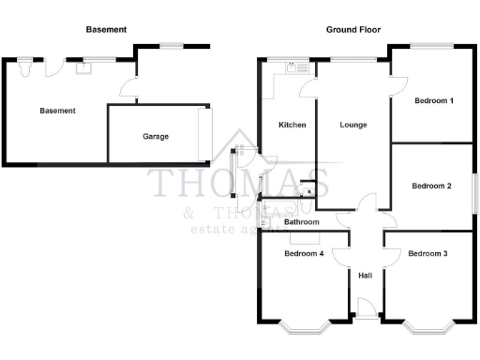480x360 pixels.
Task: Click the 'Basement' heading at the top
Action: click(x=106, y=30)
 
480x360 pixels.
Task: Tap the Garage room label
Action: click(x=156, y=137)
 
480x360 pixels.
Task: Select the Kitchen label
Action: click(x=292, y=125)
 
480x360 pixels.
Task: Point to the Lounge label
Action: click(x=352, y=125)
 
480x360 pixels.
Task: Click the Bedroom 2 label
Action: click(x=432, y=186)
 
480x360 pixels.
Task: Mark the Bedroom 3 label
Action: click(x=427, y=253)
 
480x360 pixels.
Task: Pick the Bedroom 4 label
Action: click(x=304, y=253)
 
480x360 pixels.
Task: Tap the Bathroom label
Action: click(x=303, y=222)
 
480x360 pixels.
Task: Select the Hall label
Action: click(x=366, y=275)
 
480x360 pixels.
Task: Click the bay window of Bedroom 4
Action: click(x=305, y=328)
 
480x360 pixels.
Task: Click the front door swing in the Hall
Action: click(x=368, y=307)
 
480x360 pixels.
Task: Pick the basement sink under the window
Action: click(x=87, y=67)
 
